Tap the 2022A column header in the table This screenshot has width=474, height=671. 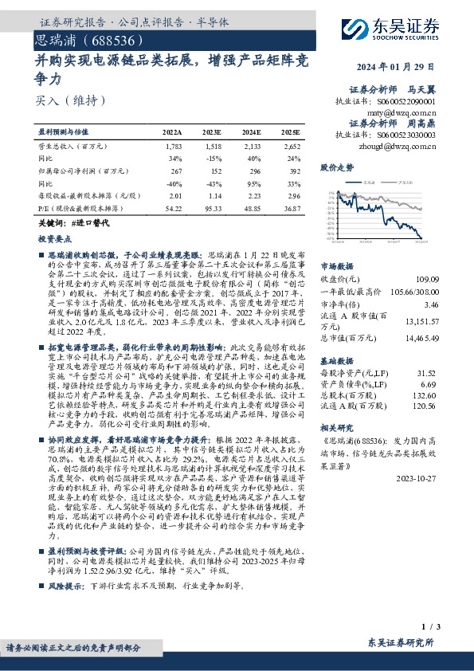(x=172, y=131)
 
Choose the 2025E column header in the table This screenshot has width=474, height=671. (x=291, y=131)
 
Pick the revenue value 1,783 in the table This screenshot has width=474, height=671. (x=173, y=147)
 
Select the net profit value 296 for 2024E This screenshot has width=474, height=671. (x=254, y=170)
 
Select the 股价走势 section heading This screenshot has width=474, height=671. (x=336, y=169)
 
